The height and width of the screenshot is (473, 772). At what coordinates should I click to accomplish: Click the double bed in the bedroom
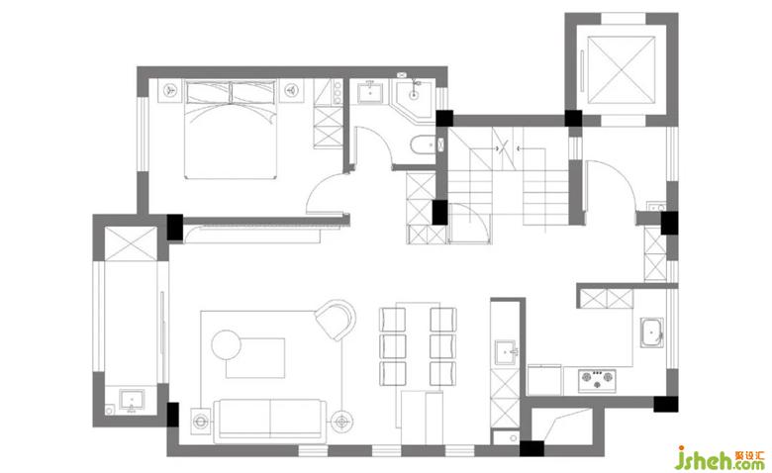click(230, 130)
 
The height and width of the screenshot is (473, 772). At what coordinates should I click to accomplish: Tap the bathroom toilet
click(423, 144)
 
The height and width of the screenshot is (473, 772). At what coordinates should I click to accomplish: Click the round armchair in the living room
click(336, 320)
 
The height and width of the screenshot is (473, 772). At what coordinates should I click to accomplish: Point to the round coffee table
click(226, 344)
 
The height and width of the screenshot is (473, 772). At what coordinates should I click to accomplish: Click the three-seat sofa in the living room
click(270, 419)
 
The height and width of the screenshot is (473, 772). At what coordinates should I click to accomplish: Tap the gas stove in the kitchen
click(597, 380)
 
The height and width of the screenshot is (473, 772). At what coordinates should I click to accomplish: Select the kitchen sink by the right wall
click(652, 333)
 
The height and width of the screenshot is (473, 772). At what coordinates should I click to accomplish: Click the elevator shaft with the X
click(622, 69)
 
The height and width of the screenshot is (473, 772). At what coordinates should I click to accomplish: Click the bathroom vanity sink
click(370, 92)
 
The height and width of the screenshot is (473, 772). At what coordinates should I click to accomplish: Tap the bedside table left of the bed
click(170, 91)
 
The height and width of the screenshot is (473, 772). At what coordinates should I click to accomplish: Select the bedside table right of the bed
click(291, 91)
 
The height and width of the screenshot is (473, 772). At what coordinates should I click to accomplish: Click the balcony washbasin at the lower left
click(132, 400)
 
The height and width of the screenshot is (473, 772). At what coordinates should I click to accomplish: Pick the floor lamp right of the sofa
click(341, 422)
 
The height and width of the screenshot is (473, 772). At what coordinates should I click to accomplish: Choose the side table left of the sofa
click(201, 422)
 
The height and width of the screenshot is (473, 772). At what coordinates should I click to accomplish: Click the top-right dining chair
click(442, 320)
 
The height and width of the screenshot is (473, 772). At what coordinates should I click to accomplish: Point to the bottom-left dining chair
click(392, 374)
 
